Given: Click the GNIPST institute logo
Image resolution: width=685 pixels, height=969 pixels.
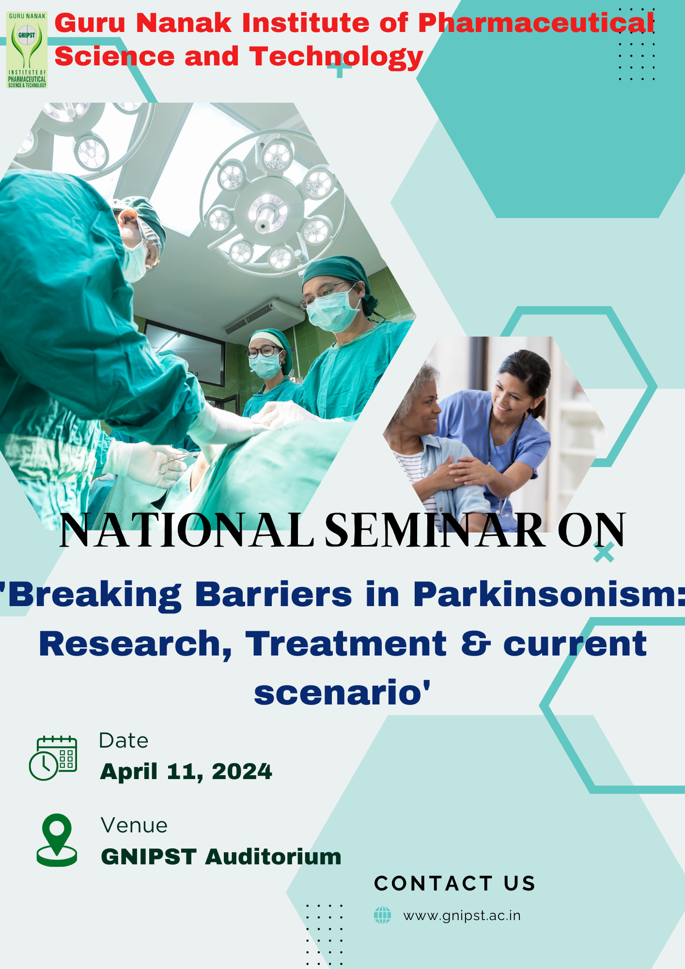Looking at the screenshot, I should pos(27,50).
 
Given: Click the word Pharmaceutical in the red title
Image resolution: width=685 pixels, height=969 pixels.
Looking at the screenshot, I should pos(536,23).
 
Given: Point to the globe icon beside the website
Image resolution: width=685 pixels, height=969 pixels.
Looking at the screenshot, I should pos(382,915).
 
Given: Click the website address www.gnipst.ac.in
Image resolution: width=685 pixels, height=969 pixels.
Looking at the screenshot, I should pos(462,916).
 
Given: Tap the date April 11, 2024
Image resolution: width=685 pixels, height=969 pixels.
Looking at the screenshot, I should pos(186,771).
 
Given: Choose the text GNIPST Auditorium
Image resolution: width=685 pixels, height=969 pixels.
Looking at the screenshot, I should pos(221,857).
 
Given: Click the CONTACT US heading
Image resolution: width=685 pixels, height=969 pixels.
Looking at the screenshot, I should pos(455,883).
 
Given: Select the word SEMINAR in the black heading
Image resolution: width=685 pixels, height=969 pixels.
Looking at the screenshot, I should pos(435,531).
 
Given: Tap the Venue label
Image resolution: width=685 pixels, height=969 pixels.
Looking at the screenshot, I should pos(134,825).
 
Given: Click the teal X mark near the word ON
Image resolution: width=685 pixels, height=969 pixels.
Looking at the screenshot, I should pos(604,552).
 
